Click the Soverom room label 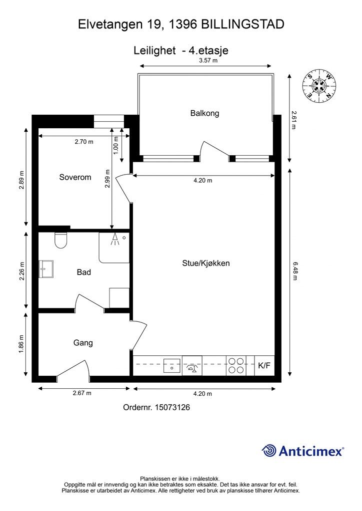75,177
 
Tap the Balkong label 204,113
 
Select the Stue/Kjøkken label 206,263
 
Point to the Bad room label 84,272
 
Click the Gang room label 83,343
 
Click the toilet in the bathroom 61,241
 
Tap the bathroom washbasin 46,269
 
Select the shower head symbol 114,239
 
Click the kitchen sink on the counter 172,365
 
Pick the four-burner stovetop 236,365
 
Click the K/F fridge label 264,366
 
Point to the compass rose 319,86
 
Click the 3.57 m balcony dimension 208,60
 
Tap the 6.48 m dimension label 295,271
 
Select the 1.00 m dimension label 115,145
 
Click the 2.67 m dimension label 82,393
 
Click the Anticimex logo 302,451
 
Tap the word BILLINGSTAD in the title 242,24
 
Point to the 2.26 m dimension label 22,271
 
